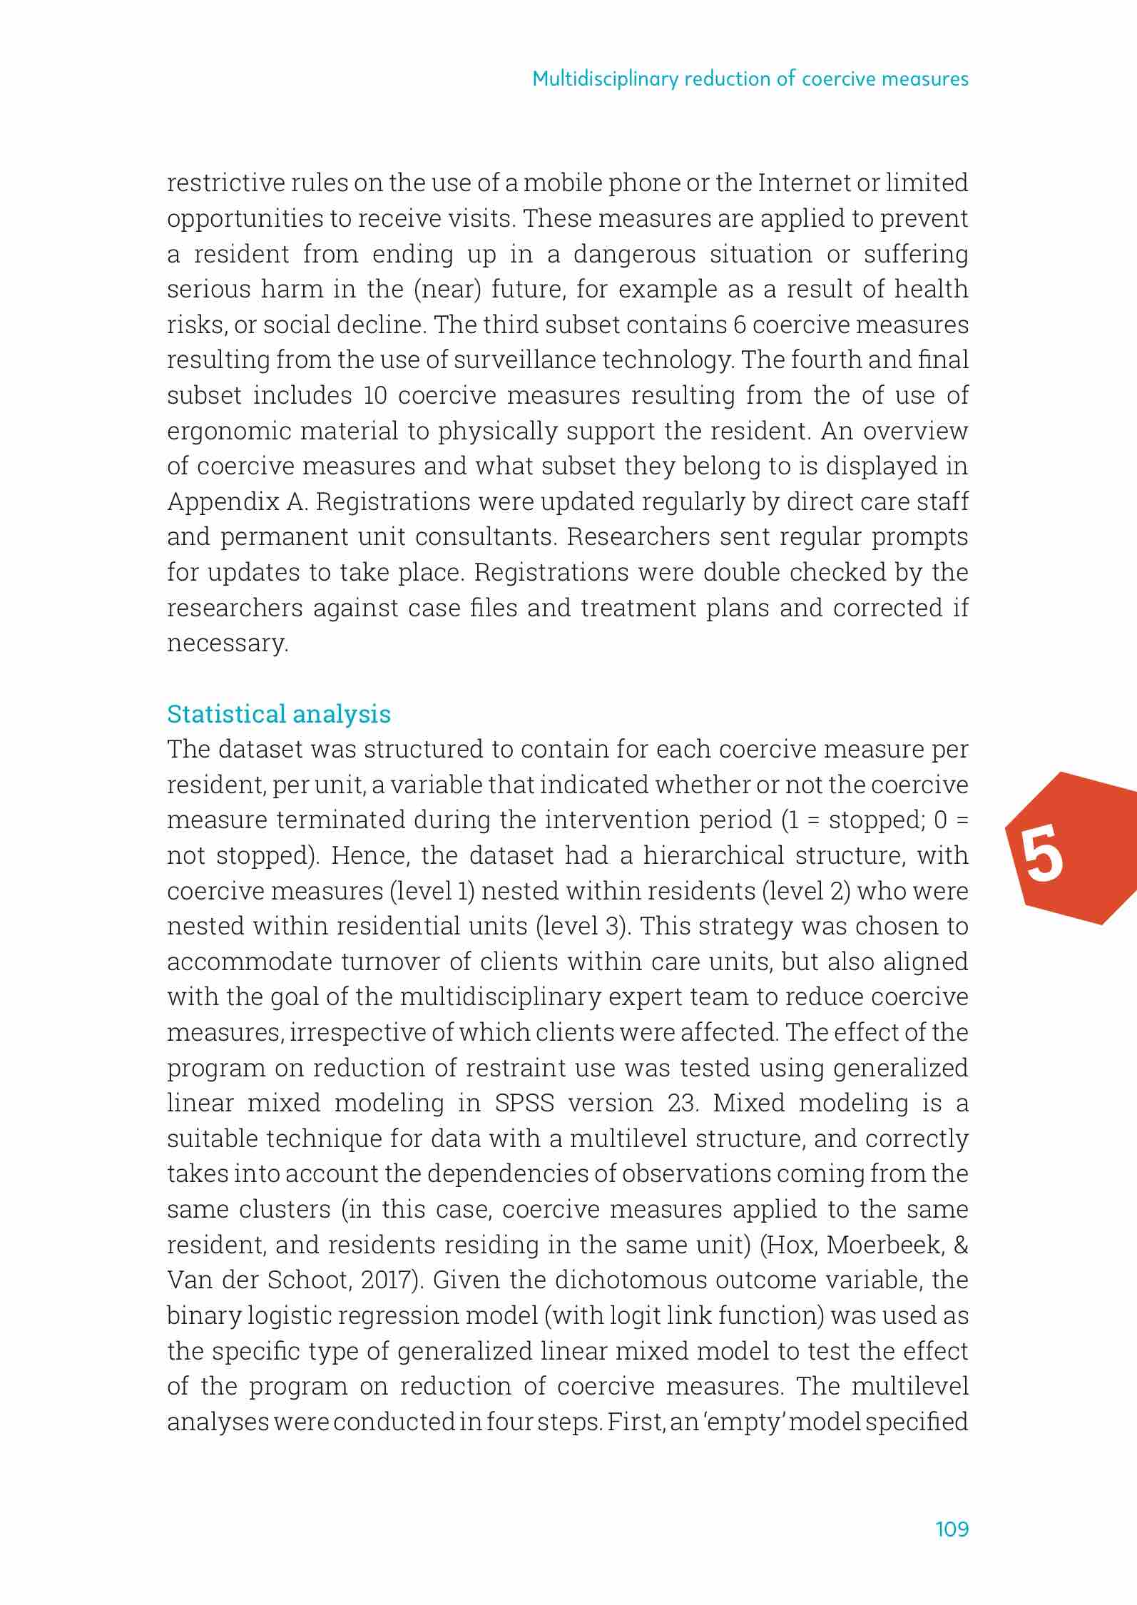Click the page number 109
(x=952, y=1529)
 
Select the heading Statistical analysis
(x=279, y=713)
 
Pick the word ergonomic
(x=229, y=432)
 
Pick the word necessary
(x=227, y=644)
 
